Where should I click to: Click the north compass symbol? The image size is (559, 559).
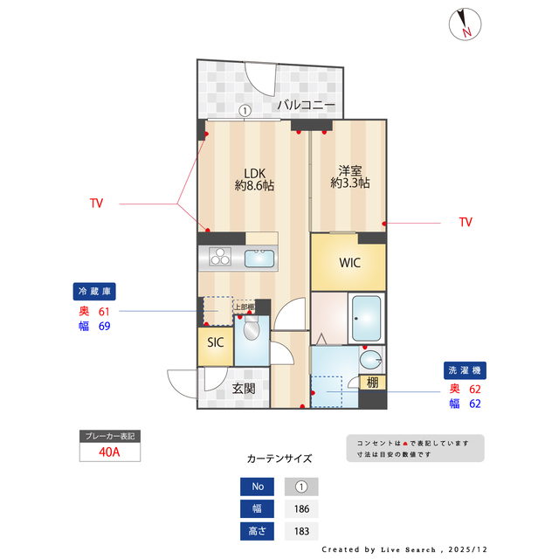[464, 24]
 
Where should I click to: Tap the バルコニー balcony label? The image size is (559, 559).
[306, 105]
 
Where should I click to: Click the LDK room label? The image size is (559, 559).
[254, 178]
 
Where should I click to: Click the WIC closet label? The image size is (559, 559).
[349, 262]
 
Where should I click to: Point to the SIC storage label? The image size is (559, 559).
[215, 342]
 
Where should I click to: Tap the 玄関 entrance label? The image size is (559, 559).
[243, 389]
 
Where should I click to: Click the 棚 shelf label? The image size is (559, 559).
[372, 383]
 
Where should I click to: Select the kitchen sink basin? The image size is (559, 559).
[259, 259]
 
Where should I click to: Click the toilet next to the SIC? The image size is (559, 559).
[252, 329]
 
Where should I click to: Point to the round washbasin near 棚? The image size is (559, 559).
[371, 358]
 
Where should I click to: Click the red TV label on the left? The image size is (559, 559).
[96, 204]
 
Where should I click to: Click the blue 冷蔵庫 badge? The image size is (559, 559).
[94, 292]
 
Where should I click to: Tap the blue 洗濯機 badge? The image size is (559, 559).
[463, 370]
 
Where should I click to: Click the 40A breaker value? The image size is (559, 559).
[109, 452]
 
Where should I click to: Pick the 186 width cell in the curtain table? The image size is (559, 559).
[301, 509]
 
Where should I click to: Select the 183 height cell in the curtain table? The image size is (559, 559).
[301, 531]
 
